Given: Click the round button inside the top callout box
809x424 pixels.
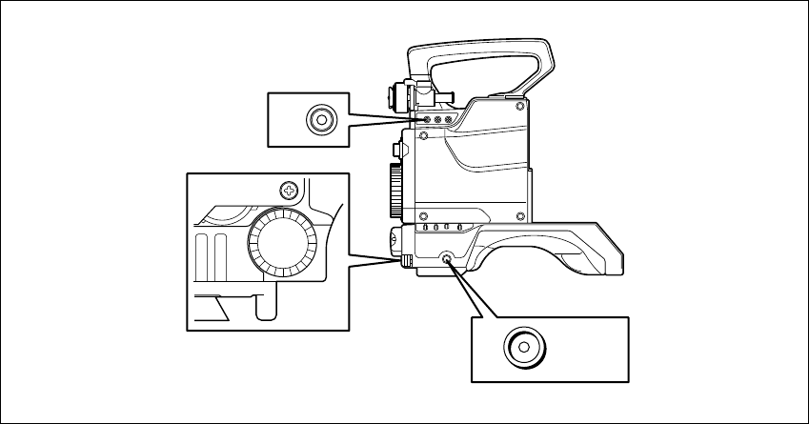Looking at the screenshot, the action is (320, 120).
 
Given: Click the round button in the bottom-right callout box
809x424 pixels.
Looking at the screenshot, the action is (523, 347).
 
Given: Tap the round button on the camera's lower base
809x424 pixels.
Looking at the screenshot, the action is (449, 257).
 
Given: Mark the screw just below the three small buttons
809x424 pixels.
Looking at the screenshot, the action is (424, 134).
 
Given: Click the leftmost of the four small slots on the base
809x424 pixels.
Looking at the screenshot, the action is (425, 228).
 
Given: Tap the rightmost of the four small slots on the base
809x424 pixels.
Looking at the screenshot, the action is (459, 228).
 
